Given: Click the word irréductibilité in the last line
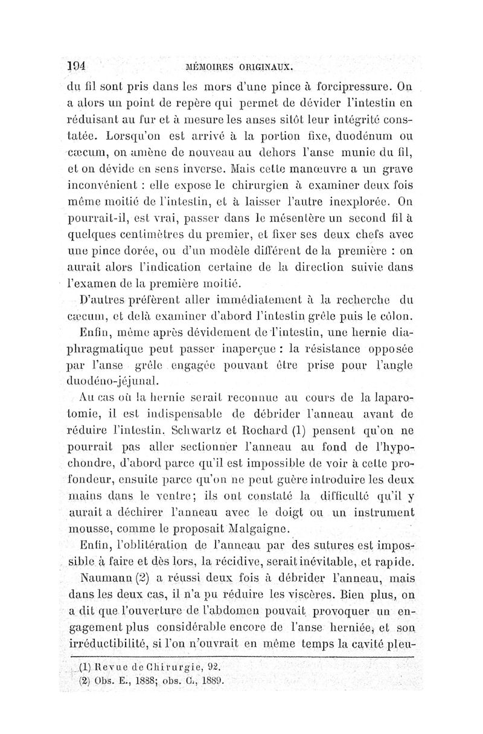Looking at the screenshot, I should (x=118, y=642).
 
